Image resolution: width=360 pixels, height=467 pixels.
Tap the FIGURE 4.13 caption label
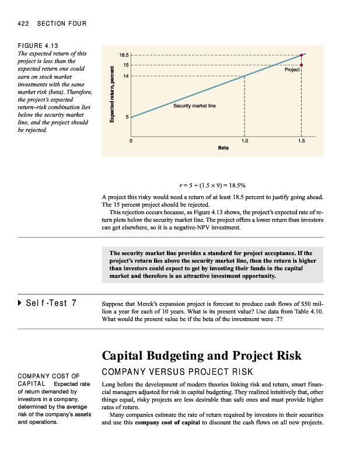click(x=38, y=45)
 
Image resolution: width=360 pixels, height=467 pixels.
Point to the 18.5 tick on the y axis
click(x=124, y=55)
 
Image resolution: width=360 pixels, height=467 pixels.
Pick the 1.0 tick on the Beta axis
click(x=244, y=141)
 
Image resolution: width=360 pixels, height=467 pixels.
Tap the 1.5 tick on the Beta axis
click(x=301, y=141)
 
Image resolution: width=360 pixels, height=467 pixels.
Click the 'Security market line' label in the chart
click(x=194, y=106)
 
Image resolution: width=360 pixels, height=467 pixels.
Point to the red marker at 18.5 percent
click(x=302, y=55)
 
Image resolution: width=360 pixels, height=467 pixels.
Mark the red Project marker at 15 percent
click(x=302, y=65)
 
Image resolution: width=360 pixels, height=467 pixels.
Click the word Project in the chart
click(x=292, y=69)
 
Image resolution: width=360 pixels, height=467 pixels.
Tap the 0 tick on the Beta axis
click(x=131, y=141)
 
